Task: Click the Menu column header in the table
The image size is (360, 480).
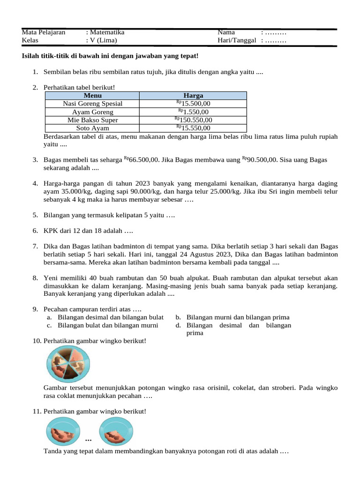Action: point(92,96)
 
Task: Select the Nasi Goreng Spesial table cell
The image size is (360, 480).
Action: point(92,104)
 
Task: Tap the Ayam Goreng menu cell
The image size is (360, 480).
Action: point(92,112)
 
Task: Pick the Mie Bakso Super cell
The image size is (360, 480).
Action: point(92,120)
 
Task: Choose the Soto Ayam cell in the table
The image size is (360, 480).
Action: point(92,128)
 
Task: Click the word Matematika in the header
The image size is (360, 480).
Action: point(107,32)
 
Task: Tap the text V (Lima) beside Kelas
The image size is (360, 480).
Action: point(104,40)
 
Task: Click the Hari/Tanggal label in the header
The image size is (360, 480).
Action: point(237,40)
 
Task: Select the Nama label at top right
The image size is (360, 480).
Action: point(226,32)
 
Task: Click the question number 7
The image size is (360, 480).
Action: point(35,246)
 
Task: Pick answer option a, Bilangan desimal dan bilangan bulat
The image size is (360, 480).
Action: point(110,317)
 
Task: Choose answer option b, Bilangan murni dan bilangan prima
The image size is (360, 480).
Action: point(238,317)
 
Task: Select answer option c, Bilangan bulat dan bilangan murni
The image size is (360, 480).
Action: point(107,325)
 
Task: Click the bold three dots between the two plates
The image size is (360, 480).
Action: point(89,440)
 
